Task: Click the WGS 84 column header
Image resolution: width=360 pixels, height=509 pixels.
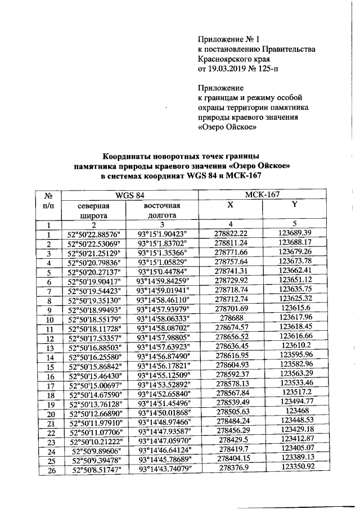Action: pyautogui.click(x=130, y=195)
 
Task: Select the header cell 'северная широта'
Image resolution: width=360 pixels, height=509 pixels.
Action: pyautogui.click(x=93, y=210)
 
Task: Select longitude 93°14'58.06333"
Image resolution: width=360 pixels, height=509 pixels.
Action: pyautogui.click(x=164, y=318)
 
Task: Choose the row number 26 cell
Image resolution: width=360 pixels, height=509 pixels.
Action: pyautogui.click(x=49, y=471)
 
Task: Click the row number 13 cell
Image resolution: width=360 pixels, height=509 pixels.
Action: pyautogui.click(x=49, y=348)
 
